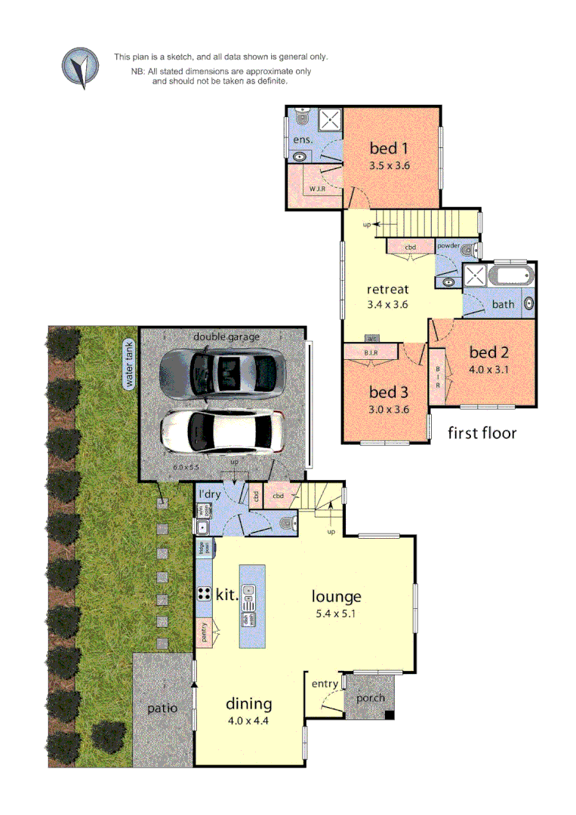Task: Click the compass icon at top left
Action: click(x=80, y=66)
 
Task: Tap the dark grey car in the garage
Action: click(x=222, y=369)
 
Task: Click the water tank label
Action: click(x=129, y=364)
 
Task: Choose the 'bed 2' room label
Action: click(x=489, y=352)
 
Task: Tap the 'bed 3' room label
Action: click(x=389, y=392)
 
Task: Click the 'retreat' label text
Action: click(x=387, y=289)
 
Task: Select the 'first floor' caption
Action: click(x=482, y=433)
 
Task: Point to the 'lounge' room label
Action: click(x=337, y=596)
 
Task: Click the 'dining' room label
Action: click(x=248, y=704)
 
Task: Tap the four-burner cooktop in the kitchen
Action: click(x=204, y=593)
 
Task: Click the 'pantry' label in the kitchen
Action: click(x=205, y=632)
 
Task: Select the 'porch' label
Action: click(x=371, y=698)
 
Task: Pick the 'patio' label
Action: click(x=162, y=709)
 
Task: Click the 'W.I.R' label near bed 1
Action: click(x=316, y=189)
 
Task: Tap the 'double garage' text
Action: click(x=226, y=337)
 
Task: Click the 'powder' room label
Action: click(x=448, y=246)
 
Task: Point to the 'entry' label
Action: click(x=325, y=684)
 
